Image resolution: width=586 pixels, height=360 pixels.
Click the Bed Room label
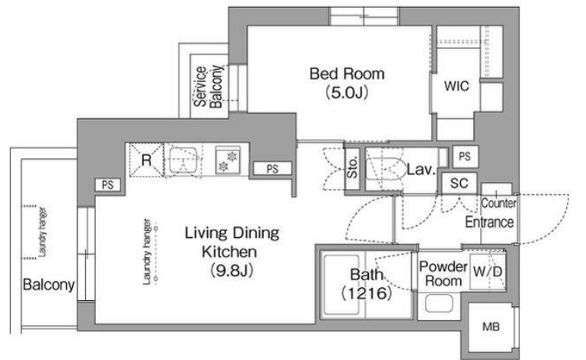click(347, 74)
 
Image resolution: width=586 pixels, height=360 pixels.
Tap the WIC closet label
click(456, 86)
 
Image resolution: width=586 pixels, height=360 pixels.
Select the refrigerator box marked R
click(146, 160)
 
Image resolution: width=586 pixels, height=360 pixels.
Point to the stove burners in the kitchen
click(228, 160)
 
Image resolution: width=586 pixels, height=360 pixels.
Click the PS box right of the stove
click(272, 169)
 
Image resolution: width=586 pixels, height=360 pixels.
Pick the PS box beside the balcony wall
click(107, 185)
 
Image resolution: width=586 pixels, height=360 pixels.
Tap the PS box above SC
click(465, 157)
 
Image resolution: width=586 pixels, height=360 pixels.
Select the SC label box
click(459, 183)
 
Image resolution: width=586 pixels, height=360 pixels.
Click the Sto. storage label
click(352, 167)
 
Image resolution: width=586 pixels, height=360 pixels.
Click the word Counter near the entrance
click(499, 203)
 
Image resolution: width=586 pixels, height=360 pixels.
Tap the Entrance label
click(489, 222)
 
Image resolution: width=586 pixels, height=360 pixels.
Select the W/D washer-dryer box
click(487, 272)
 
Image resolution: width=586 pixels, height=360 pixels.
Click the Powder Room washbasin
click(439, 303)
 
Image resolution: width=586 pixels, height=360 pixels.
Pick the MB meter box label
click(491, 327)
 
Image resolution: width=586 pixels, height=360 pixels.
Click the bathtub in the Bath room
click(341, 285)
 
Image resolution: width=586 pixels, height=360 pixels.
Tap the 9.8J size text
click(232, 270)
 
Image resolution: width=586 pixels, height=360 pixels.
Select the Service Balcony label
click(209, 87)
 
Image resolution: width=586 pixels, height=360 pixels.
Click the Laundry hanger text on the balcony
click(43, 232)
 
